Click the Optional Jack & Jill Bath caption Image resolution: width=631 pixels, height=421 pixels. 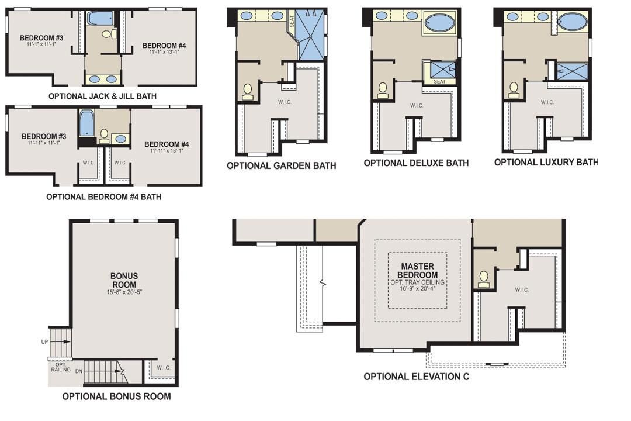[102, 96]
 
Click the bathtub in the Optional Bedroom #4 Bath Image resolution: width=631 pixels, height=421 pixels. [86, 125]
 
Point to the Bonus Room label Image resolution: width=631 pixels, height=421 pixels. [124, 279]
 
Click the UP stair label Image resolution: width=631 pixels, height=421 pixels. [45, 341]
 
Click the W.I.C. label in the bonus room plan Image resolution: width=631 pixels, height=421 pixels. [164, 368]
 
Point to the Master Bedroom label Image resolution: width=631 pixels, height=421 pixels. [417, 271]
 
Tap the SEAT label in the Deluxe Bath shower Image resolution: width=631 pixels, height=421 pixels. [439, 81]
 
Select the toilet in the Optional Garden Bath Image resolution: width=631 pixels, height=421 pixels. [248, 91]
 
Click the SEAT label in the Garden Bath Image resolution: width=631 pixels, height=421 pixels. [292, 22]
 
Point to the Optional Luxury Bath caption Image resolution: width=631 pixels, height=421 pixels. [546, 162]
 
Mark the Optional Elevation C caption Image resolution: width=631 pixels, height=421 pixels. [416, 377]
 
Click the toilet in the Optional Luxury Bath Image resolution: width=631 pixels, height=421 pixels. [514, 89]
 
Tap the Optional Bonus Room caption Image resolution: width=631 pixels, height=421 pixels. [117, 396]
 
